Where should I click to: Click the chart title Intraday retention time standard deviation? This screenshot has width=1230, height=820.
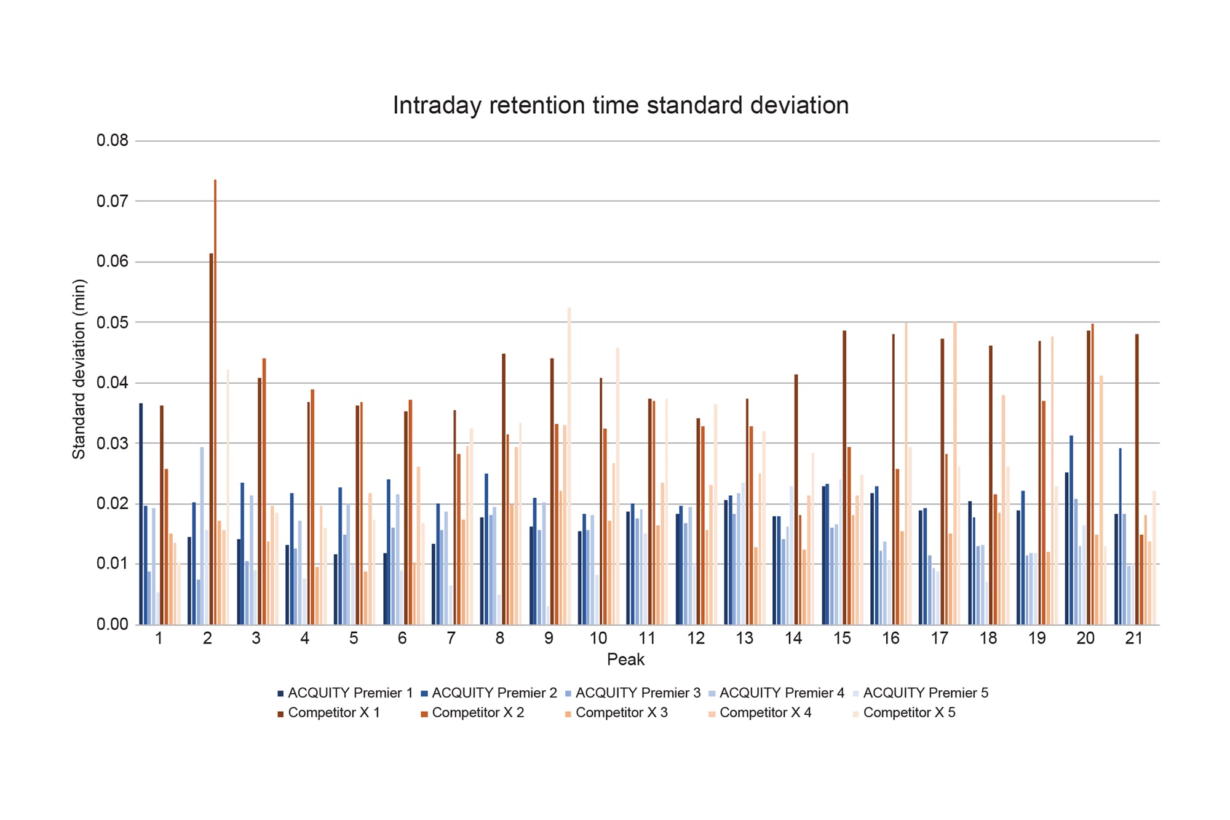[x=621, y=105]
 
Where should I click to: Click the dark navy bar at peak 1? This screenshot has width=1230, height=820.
[x=141, y=514]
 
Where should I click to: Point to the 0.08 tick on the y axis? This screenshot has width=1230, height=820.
[x=112, y=140]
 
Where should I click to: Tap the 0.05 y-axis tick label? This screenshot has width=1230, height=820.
[x=112, y=322]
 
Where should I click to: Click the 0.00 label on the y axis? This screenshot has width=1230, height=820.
[x=112, y=624]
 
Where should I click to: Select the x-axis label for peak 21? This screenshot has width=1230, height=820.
[x=1133, y=639]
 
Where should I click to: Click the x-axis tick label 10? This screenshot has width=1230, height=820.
[x=598, y=639]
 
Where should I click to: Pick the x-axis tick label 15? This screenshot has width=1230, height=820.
[x=841, y=639]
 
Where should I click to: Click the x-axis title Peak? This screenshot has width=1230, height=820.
[x=625, y=659]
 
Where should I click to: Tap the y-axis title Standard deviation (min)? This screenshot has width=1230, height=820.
[x=79, y=369]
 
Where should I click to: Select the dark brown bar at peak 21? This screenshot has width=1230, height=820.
[x=1137, y=480]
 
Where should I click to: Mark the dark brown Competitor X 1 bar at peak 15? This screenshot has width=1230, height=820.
[x=844, y=478]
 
